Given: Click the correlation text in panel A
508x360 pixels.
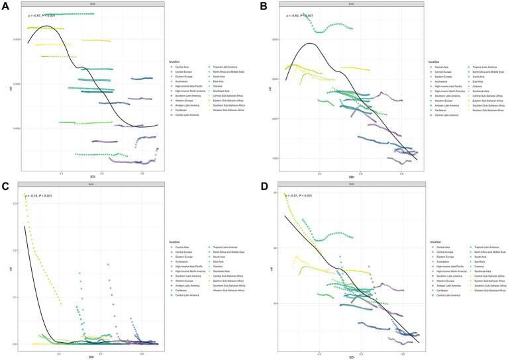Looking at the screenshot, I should pyautogui.click(x=42, y=15).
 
